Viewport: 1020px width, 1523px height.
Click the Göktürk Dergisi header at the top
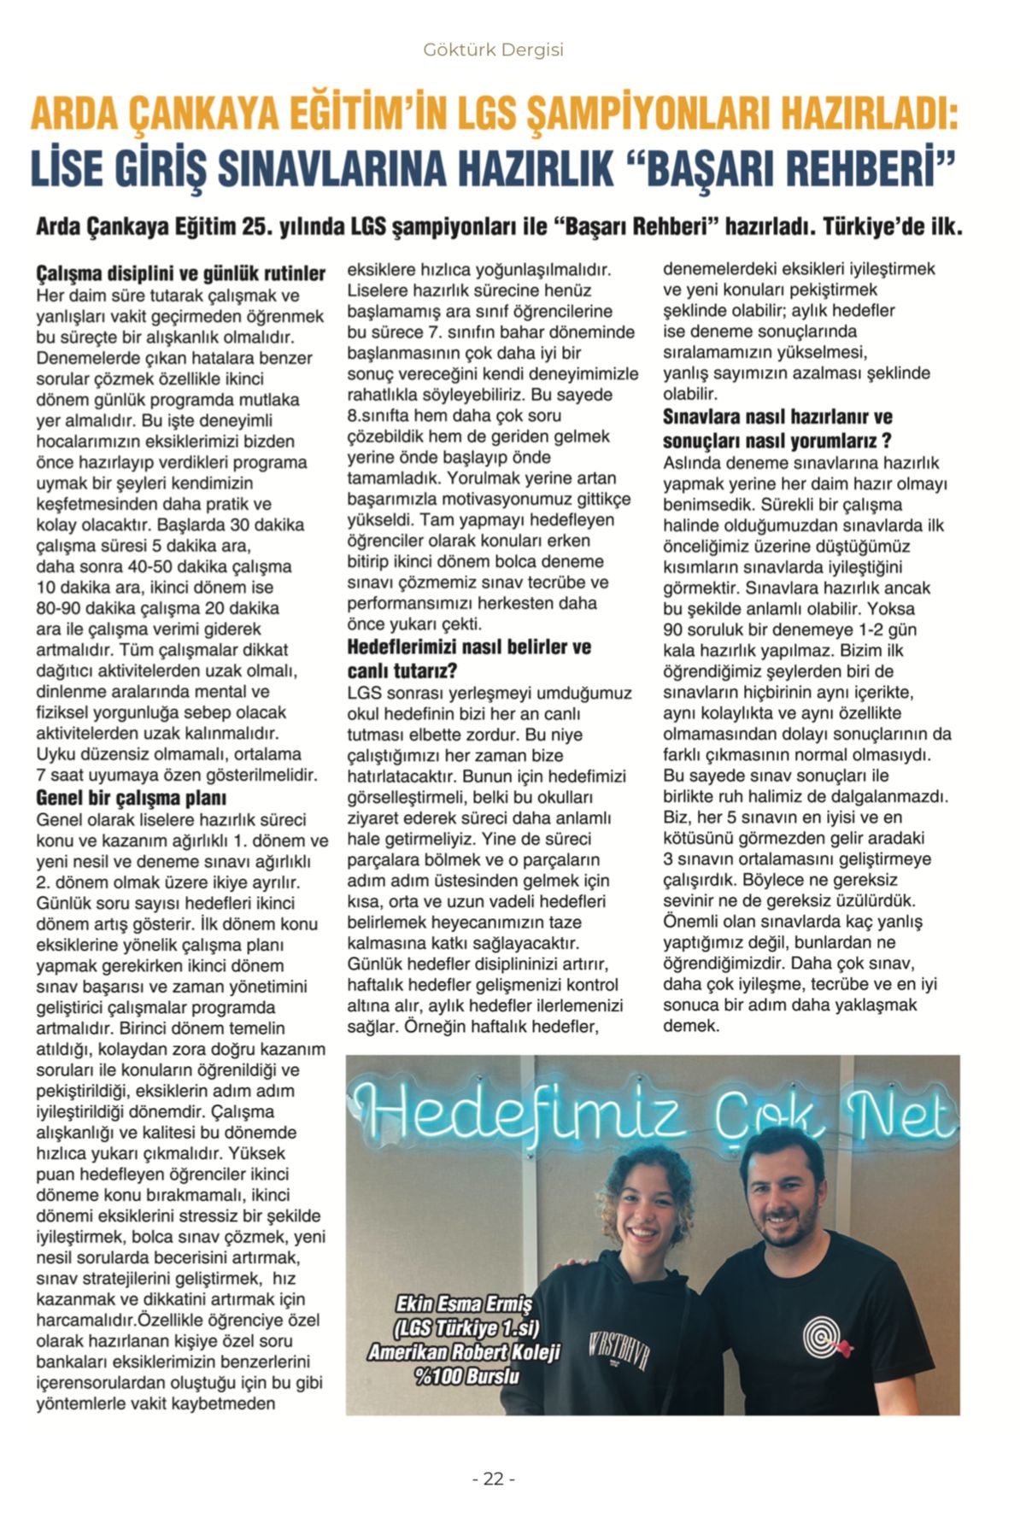(x=493, y=50)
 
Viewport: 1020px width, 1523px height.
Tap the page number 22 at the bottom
(x=493, y=1479)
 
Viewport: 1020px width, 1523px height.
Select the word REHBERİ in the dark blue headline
(x=865, y=168)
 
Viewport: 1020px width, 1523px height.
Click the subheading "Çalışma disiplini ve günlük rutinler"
(x=180, y=273)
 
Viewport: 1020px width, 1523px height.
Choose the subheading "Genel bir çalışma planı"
(x=131, y=798)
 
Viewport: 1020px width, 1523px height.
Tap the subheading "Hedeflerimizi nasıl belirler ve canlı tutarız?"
(x=469, y=658)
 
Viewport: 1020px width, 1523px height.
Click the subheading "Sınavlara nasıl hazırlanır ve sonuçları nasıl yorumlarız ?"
(x=778, y=429)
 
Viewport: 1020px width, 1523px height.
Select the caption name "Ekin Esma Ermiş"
(x=463, y=1304)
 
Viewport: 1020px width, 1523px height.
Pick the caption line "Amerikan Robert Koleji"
(x=464, y=1352)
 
